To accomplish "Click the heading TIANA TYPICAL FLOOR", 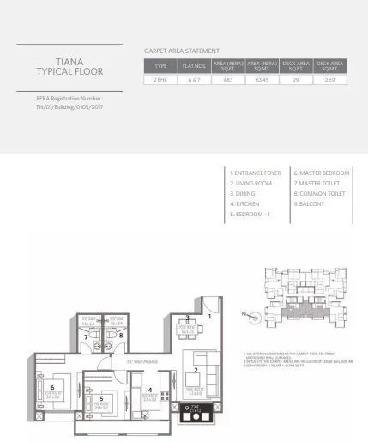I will (69, 66).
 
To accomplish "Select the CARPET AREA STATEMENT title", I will (181, 51).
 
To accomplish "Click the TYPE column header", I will (160, 64).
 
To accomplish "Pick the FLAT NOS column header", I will (195, 64).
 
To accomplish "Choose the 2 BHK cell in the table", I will (160, 79).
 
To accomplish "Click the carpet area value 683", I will (228, 79).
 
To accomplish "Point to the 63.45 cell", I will (261, 79).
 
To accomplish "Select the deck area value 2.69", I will (330, 79).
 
